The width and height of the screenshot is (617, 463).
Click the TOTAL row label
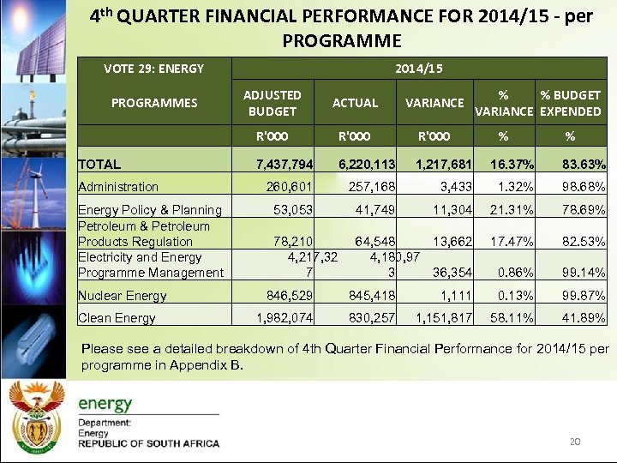point(99,164)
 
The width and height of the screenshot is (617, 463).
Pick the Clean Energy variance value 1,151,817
point(444,318)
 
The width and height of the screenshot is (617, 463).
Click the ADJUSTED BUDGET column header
point(273,103)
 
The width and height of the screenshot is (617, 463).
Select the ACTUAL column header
point(355,103)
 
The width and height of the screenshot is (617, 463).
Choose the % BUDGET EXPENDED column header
point(570,103)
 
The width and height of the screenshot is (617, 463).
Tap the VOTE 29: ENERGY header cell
point(154,68)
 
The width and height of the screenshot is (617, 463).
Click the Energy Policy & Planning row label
point(150,210)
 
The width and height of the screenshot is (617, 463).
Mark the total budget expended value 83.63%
point(583,164)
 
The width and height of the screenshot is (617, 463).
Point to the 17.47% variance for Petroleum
point(511,242)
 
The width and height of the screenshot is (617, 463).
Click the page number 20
point(575,442)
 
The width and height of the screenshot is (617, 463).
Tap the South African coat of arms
point(36,415)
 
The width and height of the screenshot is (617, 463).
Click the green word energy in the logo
point(105,403)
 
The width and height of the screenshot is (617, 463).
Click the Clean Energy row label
point(117,318)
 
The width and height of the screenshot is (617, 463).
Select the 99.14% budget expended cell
point(583,273)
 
